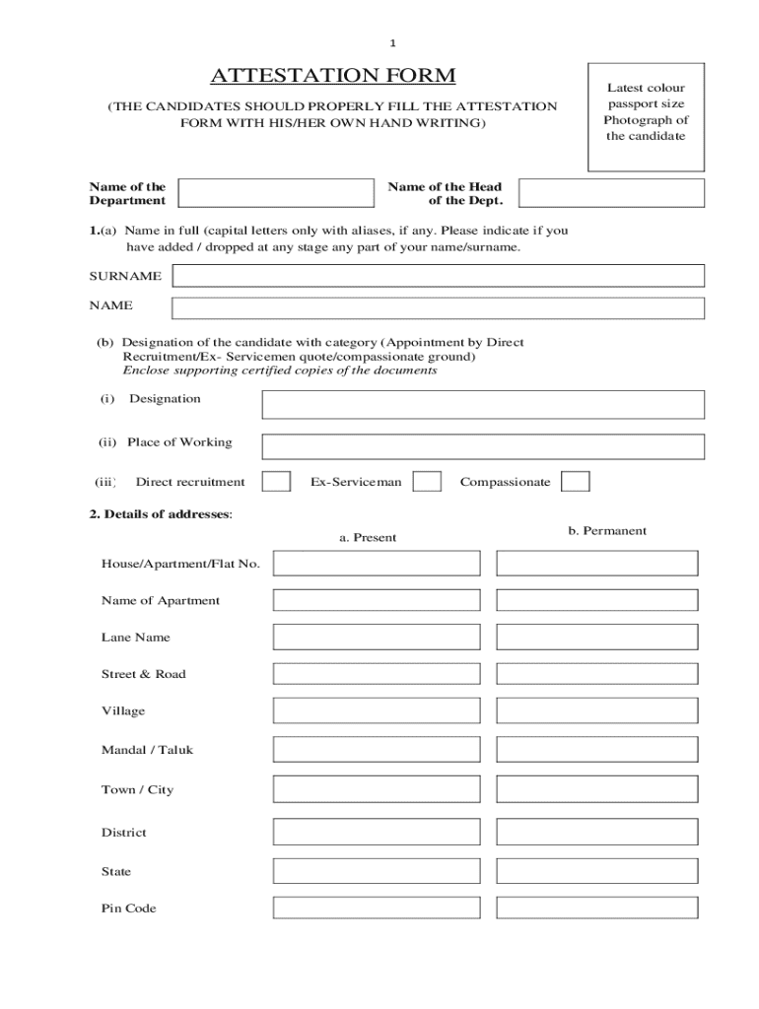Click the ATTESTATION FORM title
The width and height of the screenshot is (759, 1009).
pos(332,76)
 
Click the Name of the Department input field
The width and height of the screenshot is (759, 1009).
pos(276,193)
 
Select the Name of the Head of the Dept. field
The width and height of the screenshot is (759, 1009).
pos(611,193)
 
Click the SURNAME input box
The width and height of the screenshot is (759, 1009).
pos(438,276)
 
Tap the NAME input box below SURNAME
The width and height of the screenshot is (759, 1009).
pos(438,307)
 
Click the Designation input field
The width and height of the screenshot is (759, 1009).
pos(482,404)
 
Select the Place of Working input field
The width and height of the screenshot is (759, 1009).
pos(482,446)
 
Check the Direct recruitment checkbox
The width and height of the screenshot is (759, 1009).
pos(276,481)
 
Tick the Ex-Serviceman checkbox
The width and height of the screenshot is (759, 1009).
pos(427,481)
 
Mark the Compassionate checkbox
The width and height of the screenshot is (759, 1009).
pos(576,481)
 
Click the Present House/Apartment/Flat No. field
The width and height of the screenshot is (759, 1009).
pos(377,563)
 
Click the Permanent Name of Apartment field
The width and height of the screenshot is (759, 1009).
pos(596,600)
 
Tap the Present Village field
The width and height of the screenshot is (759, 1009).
pos(377,710)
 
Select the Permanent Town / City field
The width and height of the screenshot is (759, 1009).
pos(596,789)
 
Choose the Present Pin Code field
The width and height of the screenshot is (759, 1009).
pos(377,908)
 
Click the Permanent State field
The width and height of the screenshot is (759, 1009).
pos(596,871)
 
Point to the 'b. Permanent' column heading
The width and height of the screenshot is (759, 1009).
pos(607,530)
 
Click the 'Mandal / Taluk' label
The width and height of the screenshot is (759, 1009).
pos(147,750)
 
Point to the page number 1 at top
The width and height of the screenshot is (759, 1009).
pos(392,43)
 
